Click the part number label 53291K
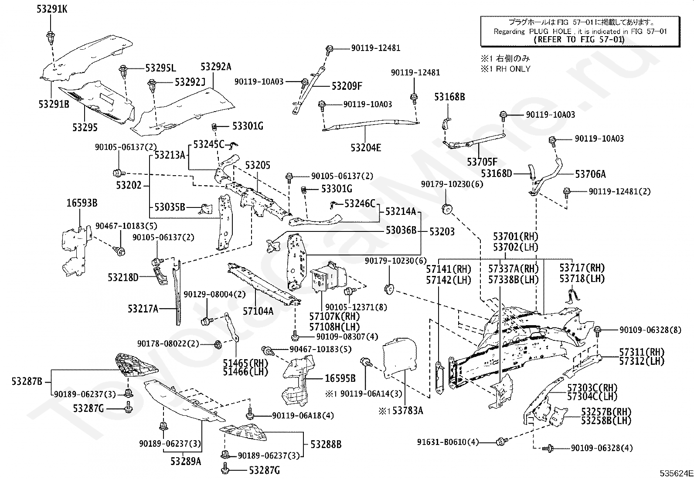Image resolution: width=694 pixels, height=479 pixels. pyautogui.click(x=52, y=9)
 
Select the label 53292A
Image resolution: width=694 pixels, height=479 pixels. pyautogui.click(x=216, y=67)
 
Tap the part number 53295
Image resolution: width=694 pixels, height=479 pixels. pyautogui.click(x=85, y=127)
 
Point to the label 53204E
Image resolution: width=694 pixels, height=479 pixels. pyautogui.click(x=366, y=148)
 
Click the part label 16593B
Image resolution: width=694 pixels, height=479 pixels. pyautogui.click(x=82, y=203)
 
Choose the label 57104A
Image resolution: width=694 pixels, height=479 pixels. pyautogui.click(x=258, y=311)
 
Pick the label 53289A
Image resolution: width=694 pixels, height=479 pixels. pyautogui.click(x=186, y=461)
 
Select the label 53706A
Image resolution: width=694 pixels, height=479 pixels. pyautogui.click(x=590, y=174)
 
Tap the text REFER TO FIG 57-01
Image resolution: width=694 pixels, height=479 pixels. pyautogui.click(x=579, y=40)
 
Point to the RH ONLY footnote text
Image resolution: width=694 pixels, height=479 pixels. pyautogui.click(x=506, y=68)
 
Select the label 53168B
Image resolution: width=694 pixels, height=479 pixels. pyautogui.click(x=449, y=97)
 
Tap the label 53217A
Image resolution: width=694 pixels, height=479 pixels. pyautogui.click(x=143, y=309)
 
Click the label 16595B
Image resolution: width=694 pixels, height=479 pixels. pyautogui.click(x=340, y=379)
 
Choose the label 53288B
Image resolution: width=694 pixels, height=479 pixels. pyautogui.click(x=326, y=445)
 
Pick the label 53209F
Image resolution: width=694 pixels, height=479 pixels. pyautogui.click(x=347, y=86)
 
